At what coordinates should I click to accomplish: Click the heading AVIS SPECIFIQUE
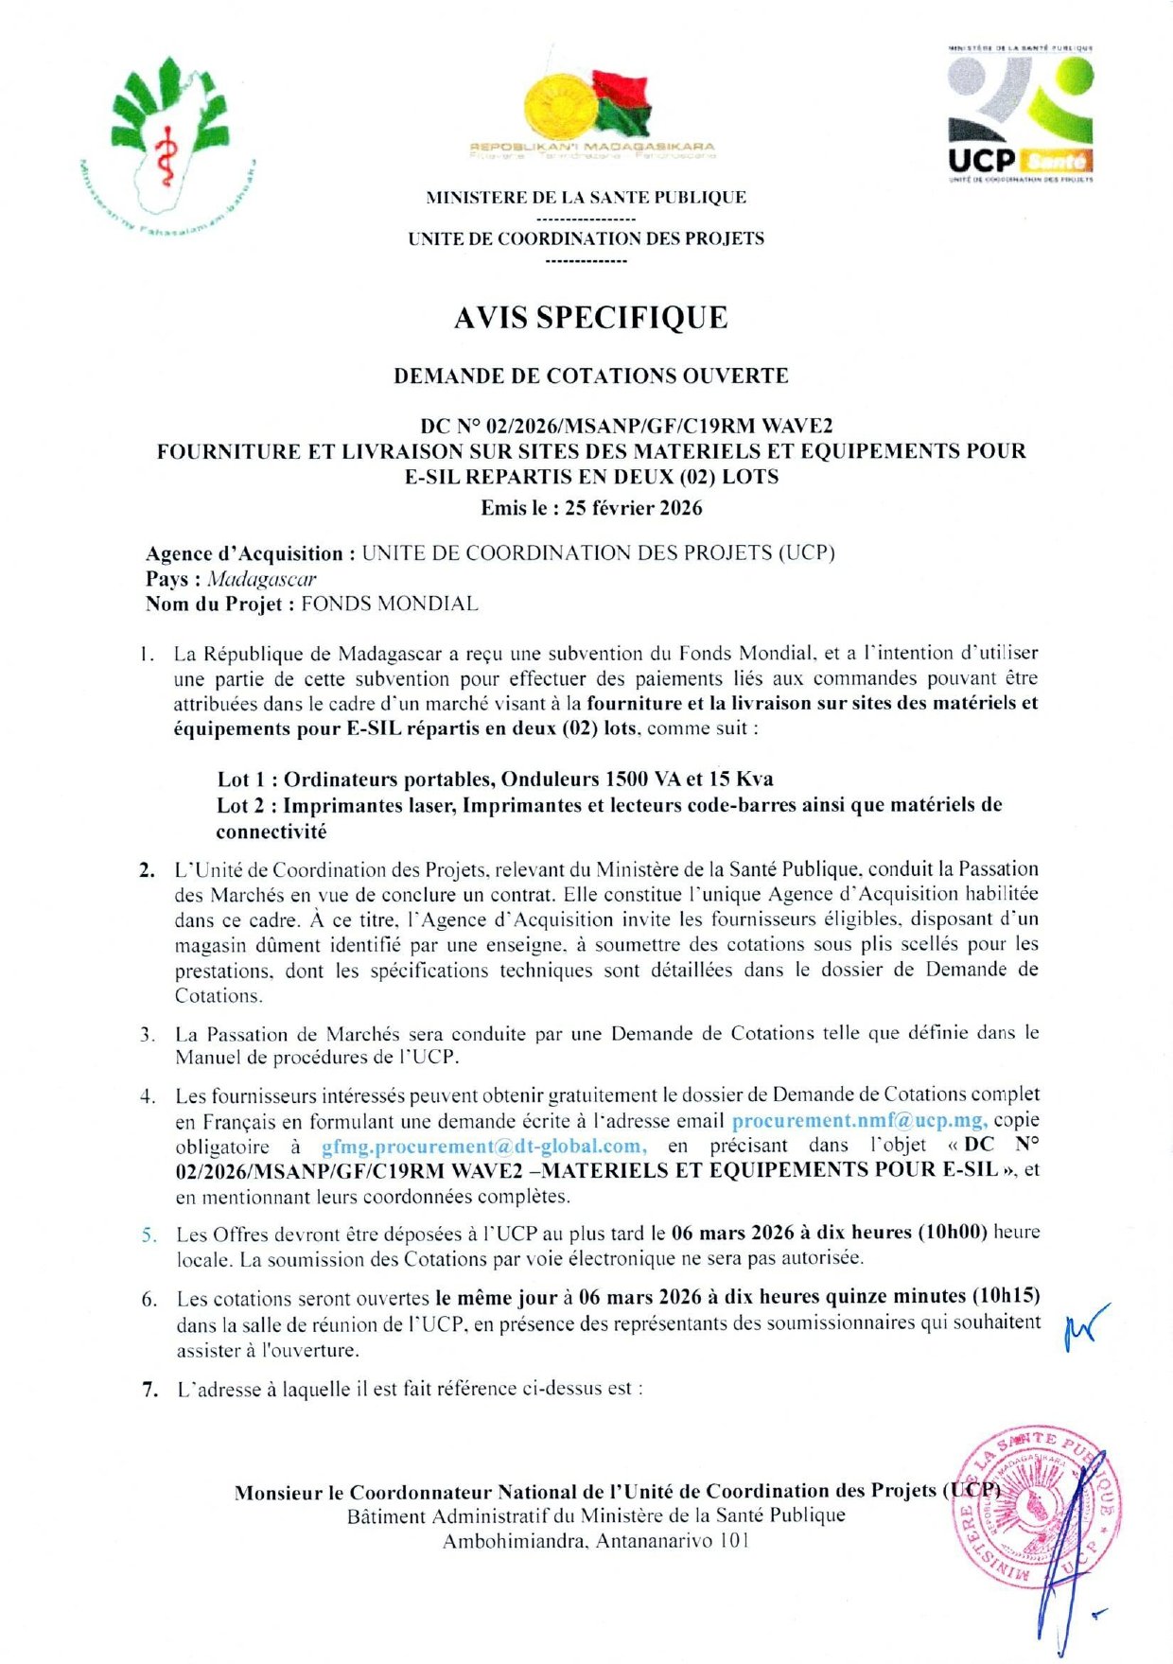pyautogui.click(x=590, y=318)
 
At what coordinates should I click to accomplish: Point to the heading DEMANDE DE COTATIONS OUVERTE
pyautogui.click(x=590, y=376)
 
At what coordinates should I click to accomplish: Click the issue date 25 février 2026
pyautogui.click(x=633, y=508)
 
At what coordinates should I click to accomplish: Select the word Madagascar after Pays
pyautogui.click(x=261, y=579)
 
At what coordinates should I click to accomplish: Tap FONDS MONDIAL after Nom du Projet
pyautogui.click(x=389, y=604)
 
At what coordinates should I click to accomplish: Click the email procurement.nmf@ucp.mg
pyautogui.click(x=860, y=1120)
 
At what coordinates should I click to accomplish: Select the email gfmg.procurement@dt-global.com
pyautogui.click(x=484, y=1146)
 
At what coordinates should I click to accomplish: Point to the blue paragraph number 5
pyautogui.click(x=149, y=1235)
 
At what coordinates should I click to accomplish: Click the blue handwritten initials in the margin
pyautogui.click(x=1084, y=1327)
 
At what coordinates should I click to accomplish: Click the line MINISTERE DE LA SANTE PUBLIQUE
pyautogui.click(x=586, y=198)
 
